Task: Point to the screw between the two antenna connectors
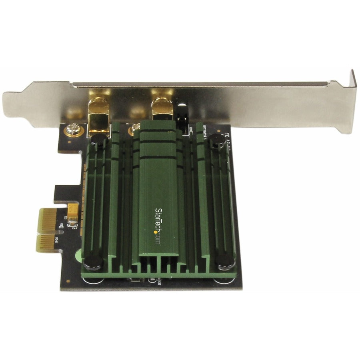132,129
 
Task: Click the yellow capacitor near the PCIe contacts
73,212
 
